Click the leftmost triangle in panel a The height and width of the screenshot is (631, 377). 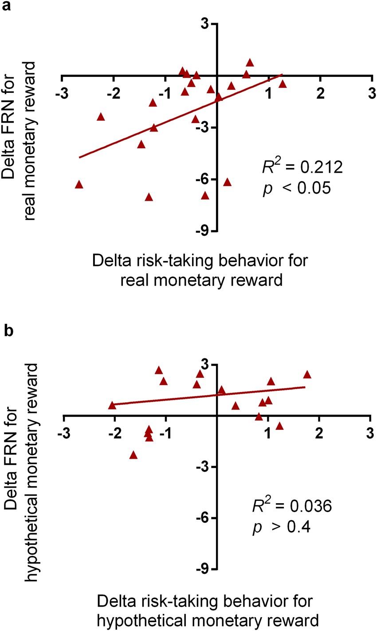(x=79, y=184)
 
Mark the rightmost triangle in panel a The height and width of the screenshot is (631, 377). (x=283, y=84)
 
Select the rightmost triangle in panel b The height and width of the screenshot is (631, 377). (x=307, y=374)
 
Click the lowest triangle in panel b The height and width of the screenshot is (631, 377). (x=133, y=455)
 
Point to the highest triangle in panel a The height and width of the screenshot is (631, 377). (x=250, y=63)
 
